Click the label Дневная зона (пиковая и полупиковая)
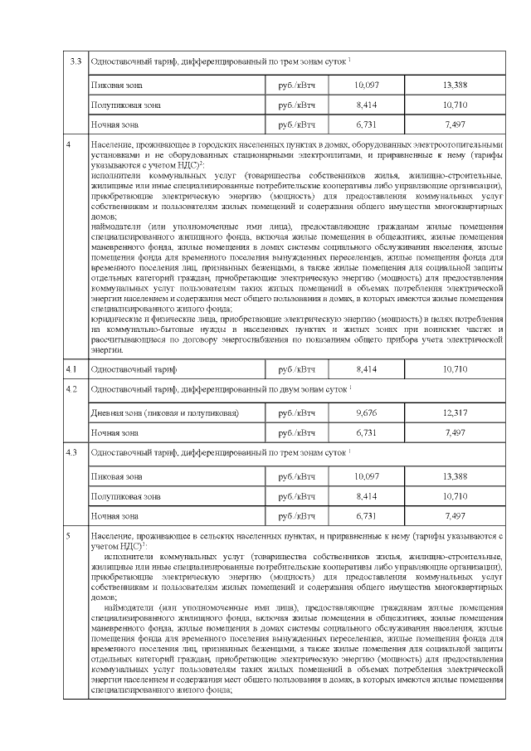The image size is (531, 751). tap(165, 412)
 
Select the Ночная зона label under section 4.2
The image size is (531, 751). tap(116, 432)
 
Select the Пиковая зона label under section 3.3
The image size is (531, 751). tap(117, 85)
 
